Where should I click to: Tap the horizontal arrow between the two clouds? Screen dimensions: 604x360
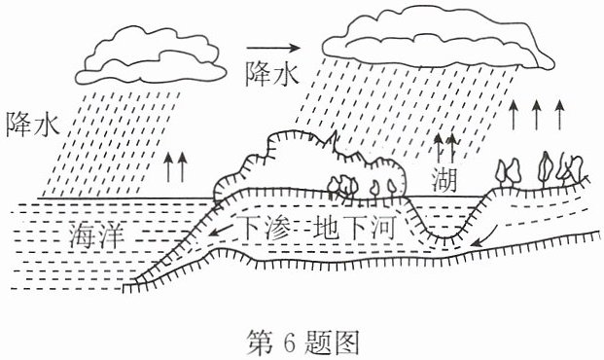(x=273, y=48)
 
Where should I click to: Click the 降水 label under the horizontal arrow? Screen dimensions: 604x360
(x=272, y=73)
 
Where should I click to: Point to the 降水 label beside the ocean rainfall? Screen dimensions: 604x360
(x=33, y=125)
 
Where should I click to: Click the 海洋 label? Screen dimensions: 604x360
(x=97, y=234)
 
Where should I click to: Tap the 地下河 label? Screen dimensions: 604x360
(x=355, y=228)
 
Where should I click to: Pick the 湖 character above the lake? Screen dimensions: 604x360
(x=444, y=180)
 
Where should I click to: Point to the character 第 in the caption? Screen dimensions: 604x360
(x=260, y=342)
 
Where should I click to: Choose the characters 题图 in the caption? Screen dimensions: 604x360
(x=332, y=342)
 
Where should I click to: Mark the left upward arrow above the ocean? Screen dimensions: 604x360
(x=168, y=167)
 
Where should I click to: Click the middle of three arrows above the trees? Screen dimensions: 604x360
(x=536, y=115)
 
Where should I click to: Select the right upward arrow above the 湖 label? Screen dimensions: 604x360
(x=452, y=149)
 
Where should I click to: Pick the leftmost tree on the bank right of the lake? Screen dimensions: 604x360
(x=501, y=172)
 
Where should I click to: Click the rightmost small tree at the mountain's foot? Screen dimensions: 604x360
(x=392, y=187)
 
